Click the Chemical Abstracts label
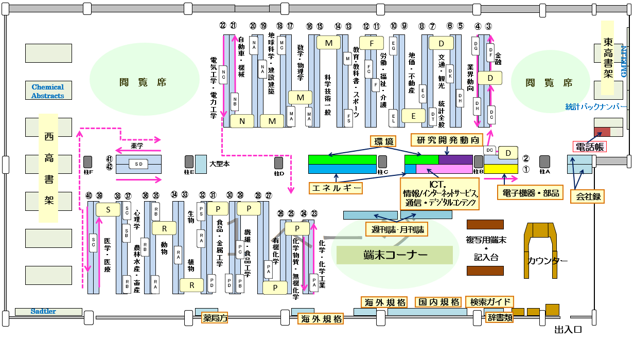48,91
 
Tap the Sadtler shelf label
43,311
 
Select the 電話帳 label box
589,147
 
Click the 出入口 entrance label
568,330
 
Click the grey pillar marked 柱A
544,161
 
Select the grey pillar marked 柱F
88,161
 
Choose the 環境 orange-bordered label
383,141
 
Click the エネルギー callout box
337,188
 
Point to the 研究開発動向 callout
446,139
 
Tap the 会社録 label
587,195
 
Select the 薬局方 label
215,318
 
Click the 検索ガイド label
489,302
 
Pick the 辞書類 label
499,317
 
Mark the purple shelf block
455,159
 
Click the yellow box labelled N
242,121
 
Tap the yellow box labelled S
108,209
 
